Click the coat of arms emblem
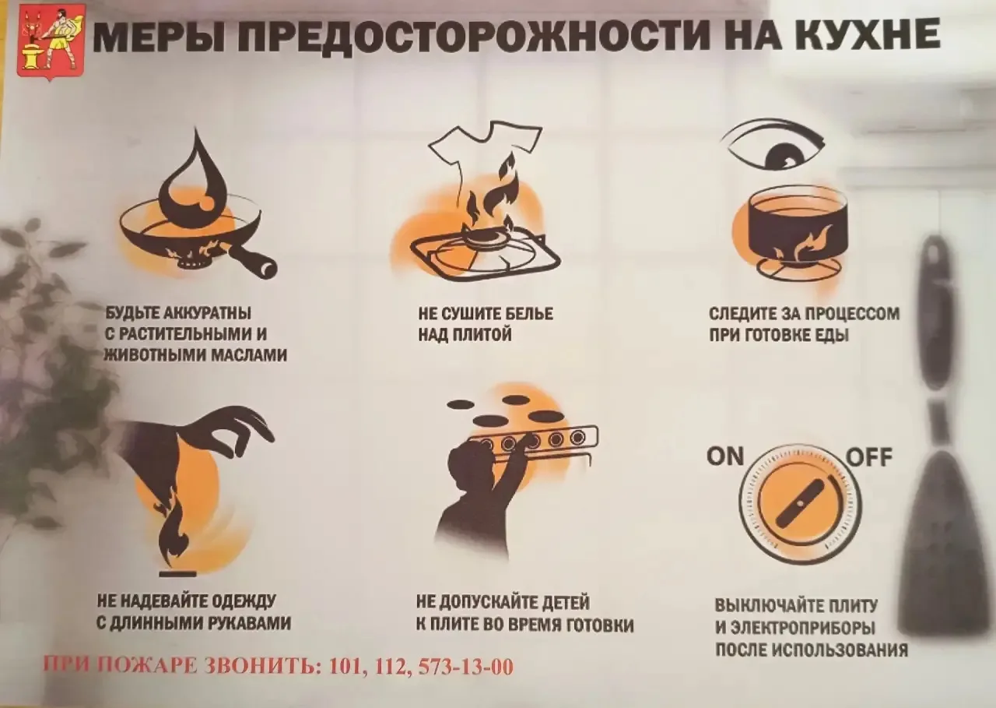[51, 43]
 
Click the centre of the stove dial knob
[801, 504]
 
